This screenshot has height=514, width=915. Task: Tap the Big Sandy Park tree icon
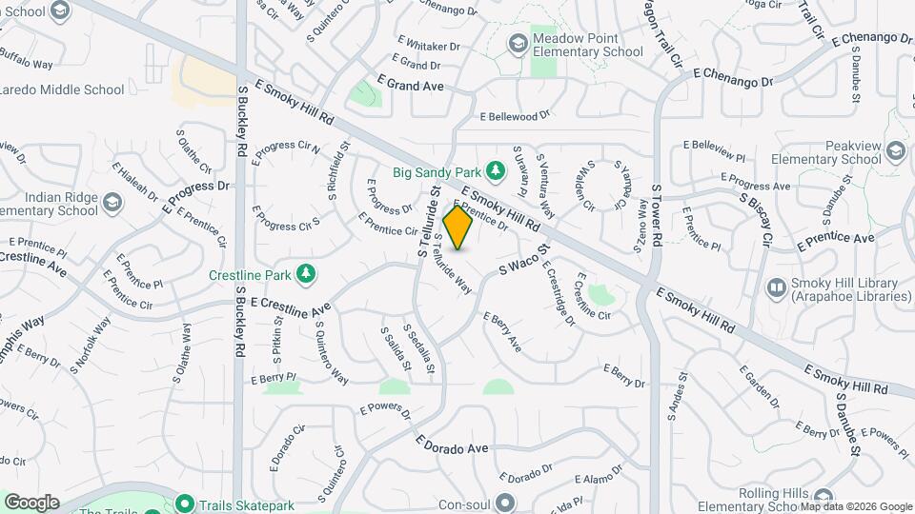(495, 170)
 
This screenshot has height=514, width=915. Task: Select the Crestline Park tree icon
(306, 274)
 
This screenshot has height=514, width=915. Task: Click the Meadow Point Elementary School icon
(518, 43)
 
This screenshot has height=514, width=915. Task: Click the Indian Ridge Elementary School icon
(112, 202)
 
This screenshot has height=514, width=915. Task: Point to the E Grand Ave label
(411, 86)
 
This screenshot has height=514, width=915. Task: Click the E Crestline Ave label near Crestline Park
(290, 306)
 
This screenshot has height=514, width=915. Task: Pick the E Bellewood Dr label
(516, 116)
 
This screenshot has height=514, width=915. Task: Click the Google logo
(31, 502)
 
